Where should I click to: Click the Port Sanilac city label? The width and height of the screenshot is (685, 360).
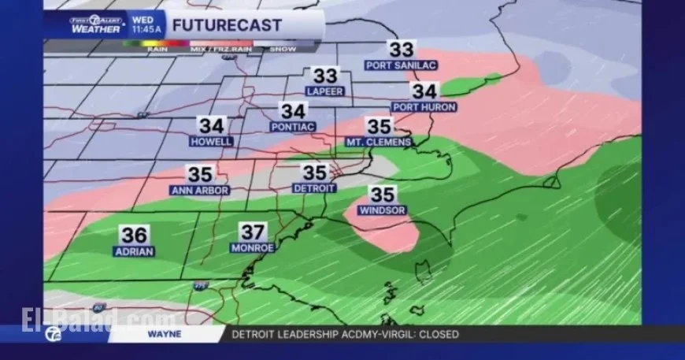401,65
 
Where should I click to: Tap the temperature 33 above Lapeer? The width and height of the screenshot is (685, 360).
325,76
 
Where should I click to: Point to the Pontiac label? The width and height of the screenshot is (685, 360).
293,126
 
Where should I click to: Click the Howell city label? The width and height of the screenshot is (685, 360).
211,141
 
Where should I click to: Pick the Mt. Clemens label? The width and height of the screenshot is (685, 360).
379,142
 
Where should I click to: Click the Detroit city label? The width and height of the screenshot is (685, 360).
314,188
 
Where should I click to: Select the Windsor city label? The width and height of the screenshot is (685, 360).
382,210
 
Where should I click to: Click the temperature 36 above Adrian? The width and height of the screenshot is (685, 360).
134,235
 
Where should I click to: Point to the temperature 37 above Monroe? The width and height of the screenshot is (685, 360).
253,232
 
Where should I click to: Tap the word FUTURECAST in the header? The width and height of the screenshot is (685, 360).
227,25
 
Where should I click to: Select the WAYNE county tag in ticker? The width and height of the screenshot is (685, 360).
164,334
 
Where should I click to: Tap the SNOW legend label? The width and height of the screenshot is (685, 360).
283,49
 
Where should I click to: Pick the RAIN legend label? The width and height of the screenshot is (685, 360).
157,49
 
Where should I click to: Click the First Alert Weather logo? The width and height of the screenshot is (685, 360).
94,24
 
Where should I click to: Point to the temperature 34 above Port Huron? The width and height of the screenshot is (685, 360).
425,91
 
